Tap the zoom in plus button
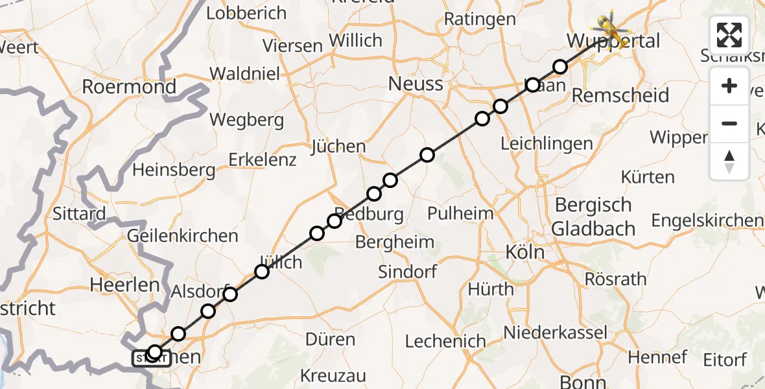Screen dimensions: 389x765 (x=729, y=86)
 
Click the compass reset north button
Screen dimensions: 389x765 (x=729, y=161)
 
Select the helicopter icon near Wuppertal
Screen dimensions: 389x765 (x=611, y=29)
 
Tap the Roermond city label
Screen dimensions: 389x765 (x=129, y=87)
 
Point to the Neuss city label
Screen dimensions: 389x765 (x=416, y=84)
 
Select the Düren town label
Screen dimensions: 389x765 (x=331, y=340)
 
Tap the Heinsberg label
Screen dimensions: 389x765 (x=174, y=170)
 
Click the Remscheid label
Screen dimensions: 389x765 (x=620, y=96)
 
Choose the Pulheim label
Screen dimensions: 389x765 (x=460, y=213)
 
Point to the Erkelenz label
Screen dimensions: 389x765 (x=262, y=159)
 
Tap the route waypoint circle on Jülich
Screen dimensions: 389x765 (x=262, y=272)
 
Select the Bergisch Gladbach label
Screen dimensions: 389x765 (x=593, y=217)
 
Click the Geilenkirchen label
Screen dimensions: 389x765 (x=183, y=236)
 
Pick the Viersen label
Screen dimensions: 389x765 (x=292, y=46)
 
